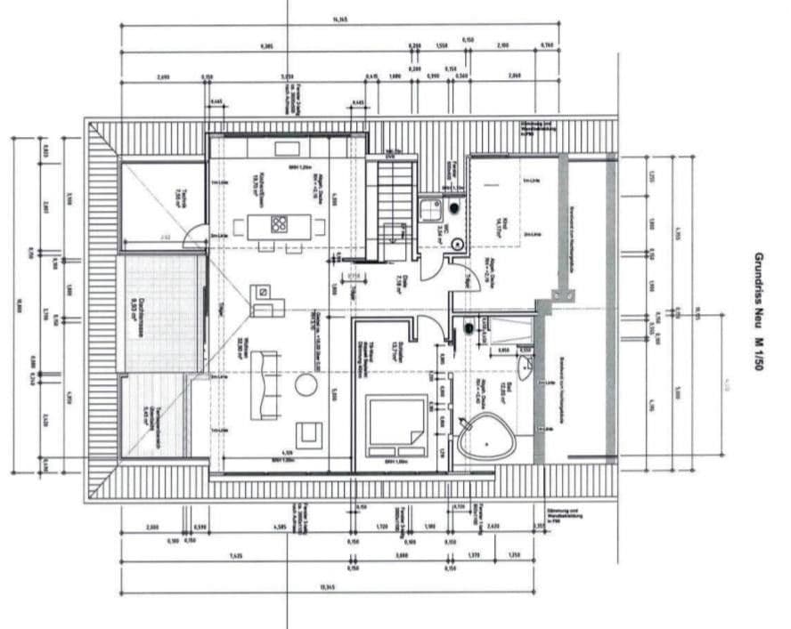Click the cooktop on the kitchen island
pos(279,224)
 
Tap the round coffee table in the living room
pos(306,385)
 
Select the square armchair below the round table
pos(308,433)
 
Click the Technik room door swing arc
pos(193,239)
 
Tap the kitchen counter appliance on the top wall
pos(286,149)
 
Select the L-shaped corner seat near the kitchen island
pos(265,301)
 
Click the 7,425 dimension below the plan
pos(235,555)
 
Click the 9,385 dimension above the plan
pos(267,46)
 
